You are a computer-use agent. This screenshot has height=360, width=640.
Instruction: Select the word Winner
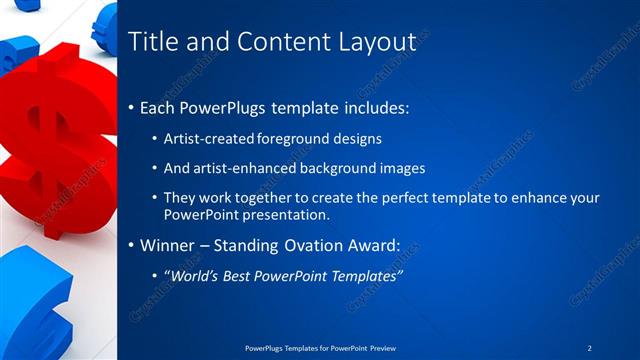click(x=171, y=245)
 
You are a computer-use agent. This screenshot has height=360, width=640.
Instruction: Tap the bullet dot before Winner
click(x=132, y=245)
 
